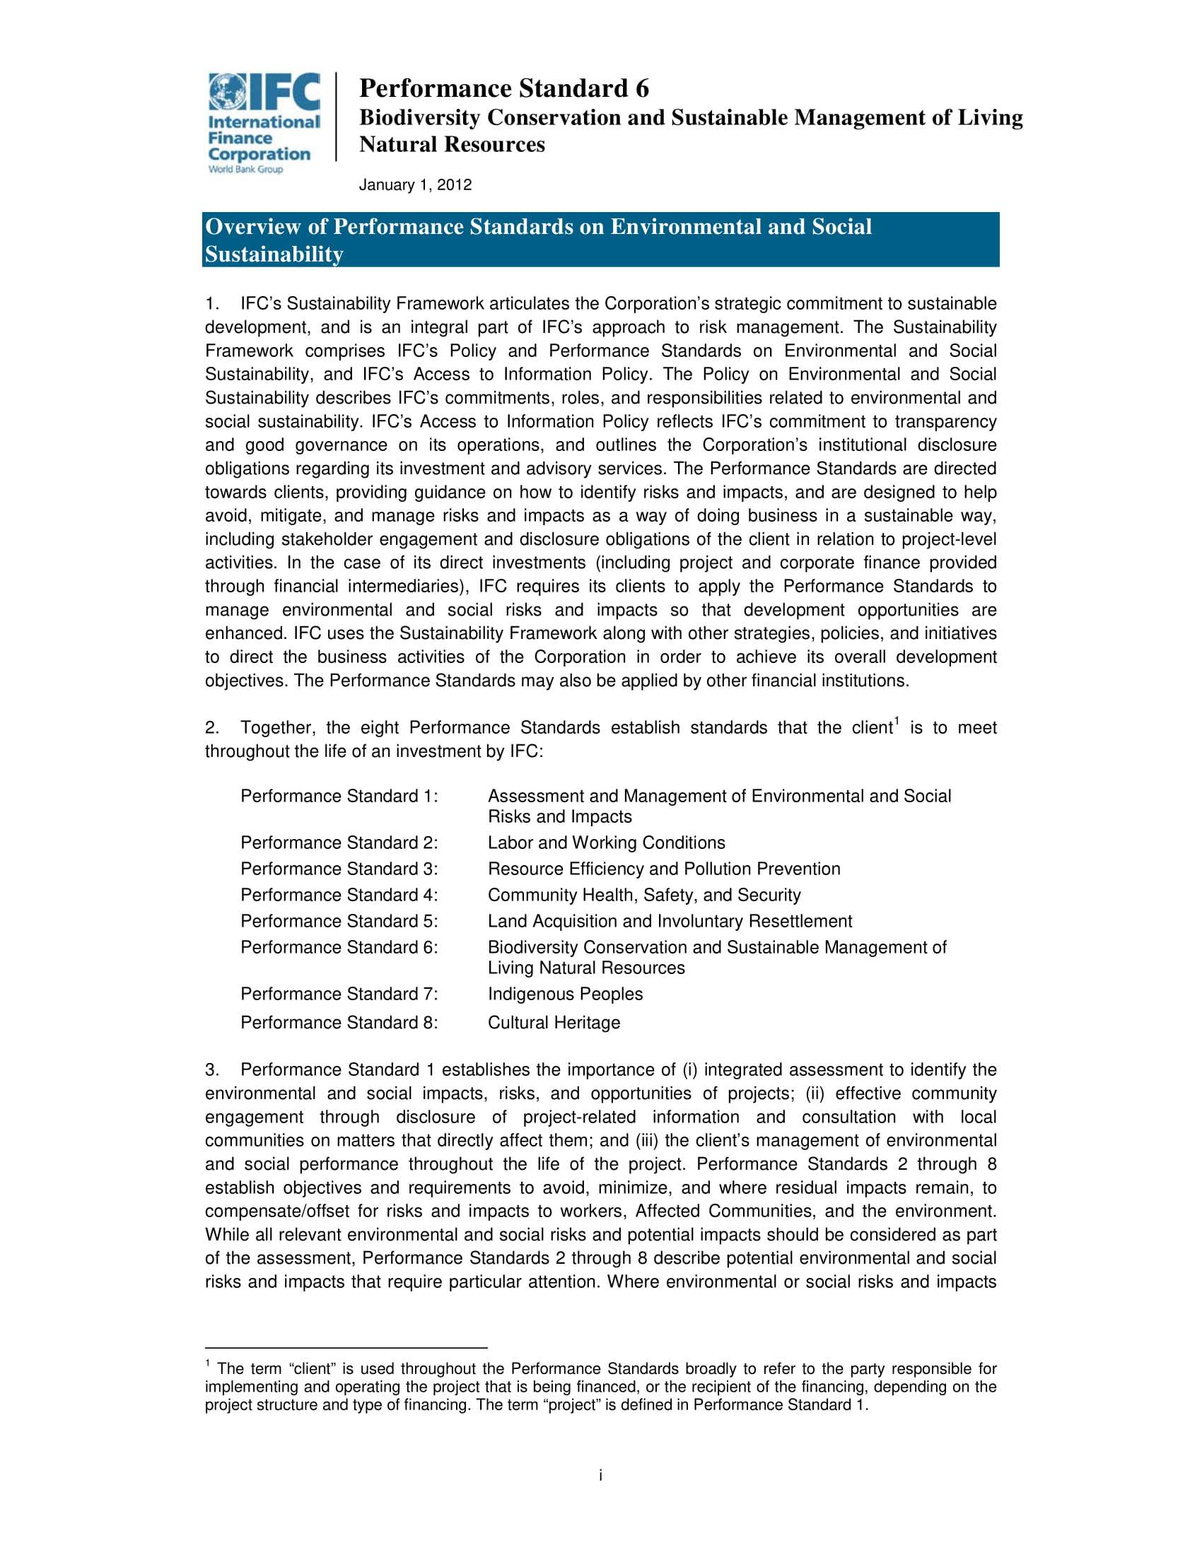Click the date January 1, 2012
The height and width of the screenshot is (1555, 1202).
click(x=415, y=185)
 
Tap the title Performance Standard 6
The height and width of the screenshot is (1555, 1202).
click(x=503, y=88)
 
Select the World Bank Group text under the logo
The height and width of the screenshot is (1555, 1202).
click(x=245, y=170)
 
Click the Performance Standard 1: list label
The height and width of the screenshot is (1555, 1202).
click(x=339, y=796)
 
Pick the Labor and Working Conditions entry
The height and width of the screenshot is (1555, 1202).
click(x=606, y=843)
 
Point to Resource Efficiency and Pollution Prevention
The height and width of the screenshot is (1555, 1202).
click(x=664, y=869)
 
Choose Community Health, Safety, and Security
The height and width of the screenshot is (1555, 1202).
click(x=643, y=895)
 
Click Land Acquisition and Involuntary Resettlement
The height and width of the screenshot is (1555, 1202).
click(x=670, y=921)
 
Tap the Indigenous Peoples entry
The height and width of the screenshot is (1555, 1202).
click(x=565, y=994)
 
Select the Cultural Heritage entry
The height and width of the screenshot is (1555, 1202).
click(x=554, y=1023)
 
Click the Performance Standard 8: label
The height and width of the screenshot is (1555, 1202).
click(x=339, y=1023)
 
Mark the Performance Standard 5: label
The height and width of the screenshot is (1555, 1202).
click(x=339, y=921)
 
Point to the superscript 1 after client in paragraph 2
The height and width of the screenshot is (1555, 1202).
click(x=897, y=722)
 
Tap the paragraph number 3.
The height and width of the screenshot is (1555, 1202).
click(x=211, y=1070)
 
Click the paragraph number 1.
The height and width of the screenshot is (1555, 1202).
click(x=211, y=304)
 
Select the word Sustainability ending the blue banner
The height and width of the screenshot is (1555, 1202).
click(x=274, y=254)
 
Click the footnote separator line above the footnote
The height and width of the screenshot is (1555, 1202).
click(x=345, y=1348)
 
